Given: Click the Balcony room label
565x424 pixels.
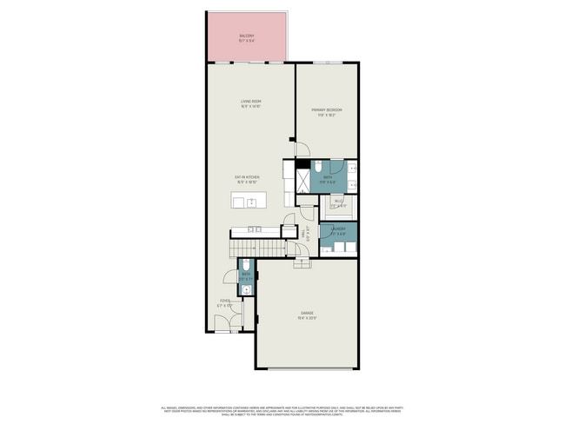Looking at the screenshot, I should coord(247,37).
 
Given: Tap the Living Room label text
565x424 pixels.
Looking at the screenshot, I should coord(251,105).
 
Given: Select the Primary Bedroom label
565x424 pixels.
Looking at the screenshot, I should coord(327,111).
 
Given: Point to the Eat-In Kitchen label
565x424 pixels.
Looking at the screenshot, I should coord(246,181).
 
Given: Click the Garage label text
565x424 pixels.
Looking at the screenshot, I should coord(307,314).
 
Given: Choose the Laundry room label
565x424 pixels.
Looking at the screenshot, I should coord(338,232).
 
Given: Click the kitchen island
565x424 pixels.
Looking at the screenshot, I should coord(249,202).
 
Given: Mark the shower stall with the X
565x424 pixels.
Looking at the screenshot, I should coord(303,179).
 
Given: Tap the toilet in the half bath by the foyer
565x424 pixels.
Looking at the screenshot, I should coord(248,264).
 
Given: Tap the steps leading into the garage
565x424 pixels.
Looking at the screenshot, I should coord(301,262).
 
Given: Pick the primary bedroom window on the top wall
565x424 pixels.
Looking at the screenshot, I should coord(326,63).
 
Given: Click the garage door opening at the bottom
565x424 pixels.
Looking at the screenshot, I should coord(306,370).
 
